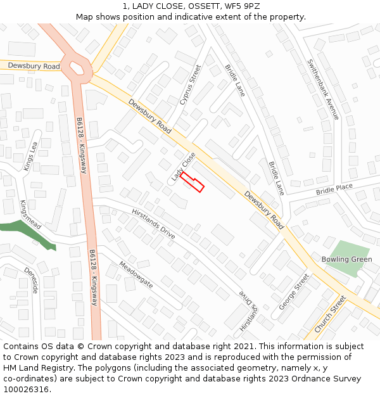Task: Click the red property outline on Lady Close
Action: tap(193, 182)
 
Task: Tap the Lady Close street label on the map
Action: tap(183, 167)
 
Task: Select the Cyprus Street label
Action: tap(189, 84)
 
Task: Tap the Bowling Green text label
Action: tap(346, 259)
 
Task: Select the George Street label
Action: tap(293, 291)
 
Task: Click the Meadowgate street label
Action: tap(136, 275)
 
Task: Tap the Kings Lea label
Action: tap(30, 156)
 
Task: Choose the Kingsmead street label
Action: tap(30, 215)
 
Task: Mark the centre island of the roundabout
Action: tap(78, 66)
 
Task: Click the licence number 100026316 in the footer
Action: tap(26, 389)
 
